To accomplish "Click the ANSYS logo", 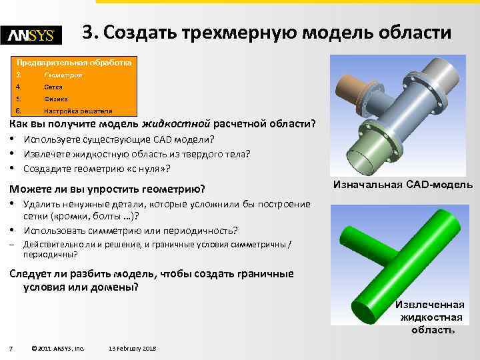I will click(31, 35).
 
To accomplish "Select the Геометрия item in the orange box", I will click(63, 75).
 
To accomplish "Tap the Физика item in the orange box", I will click(55, 99).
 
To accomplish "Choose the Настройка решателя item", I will click(77, 111).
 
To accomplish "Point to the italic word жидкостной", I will click(180, 124).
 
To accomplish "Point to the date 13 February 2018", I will click(132, 348).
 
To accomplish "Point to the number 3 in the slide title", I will click(87, 33).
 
